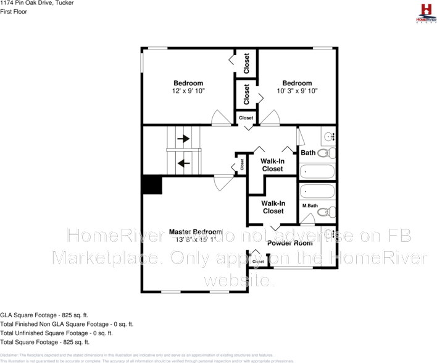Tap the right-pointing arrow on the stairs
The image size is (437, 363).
tap(183, 139)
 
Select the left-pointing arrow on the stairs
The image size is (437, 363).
tap(183, 163)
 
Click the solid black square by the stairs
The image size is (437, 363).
tap(152, 185)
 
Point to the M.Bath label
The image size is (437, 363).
tap(310, 205)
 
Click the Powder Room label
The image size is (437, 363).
tap(289, 243)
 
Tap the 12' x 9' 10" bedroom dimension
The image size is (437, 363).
tap(188, 91)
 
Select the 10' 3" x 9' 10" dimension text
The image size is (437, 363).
tap(297, 91)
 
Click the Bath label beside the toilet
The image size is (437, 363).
tap(308, 153)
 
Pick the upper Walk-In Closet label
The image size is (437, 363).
tap(273, 164)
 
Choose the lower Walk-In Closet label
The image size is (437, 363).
tap(273, 207)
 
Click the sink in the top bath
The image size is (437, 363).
tap(327, 135)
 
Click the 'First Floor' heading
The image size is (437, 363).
tap(13, 12)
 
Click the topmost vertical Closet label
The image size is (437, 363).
tap(246, 62)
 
